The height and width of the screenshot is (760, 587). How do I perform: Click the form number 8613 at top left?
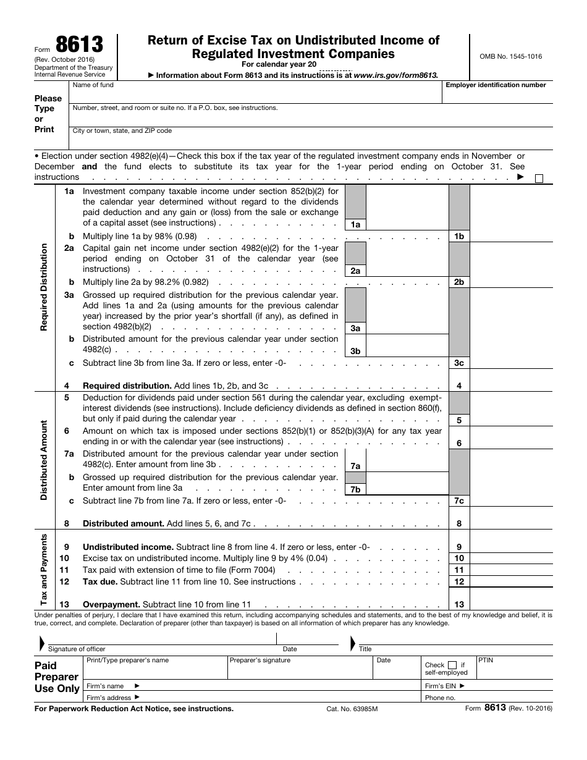(x=80, y=45)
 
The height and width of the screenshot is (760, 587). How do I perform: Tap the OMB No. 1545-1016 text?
(x=510, y=56)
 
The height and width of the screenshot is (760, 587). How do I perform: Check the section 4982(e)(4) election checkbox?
(x=539, y=179)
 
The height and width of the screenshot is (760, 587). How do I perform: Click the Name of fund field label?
(x=93, y=85)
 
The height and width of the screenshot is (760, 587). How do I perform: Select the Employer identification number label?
(x=496, y=85)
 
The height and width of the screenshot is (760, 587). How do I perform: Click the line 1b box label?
(x=459, y=236)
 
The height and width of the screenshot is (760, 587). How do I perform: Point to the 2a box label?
(x=355, y=271)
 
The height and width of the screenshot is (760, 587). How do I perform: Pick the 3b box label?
(x=355, y=351)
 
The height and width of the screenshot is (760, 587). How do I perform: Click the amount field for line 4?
(x=511, y=385)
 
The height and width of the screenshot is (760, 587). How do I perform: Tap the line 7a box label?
(x=355, y=466)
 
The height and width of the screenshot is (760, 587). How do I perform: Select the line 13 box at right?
(x=459, y=604)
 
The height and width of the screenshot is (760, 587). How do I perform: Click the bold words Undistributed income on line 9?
(x=128, y=547)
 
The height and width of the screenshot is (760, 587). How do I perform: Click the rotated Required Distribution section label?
(x=44, y=287)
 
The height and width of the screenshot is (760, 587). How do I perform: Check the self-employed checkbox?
(x=452, y=665)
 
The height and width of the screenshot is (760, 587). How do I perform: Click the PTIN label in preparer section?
(x=486, y=660)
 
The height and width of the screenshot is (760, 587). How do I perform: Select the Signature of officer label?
(x=77, y=649)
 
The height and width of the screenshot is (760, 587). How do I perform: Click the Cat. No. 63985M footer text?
(x=352, y=709)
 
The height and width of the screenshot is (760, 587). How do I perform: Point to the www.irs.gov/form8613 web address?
(x=395, y=75)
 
